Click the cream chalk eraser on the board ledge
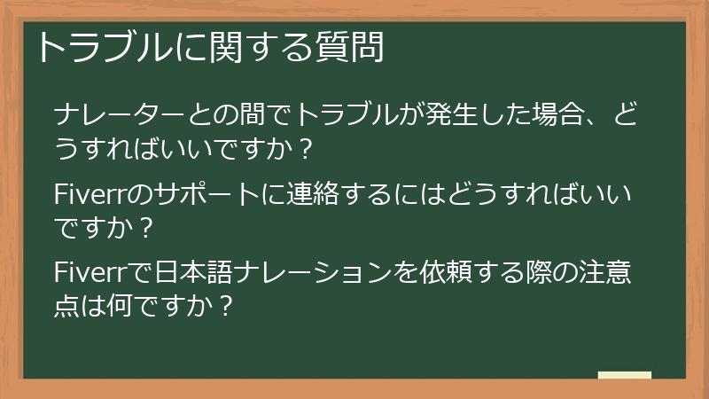pos(624,375)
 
